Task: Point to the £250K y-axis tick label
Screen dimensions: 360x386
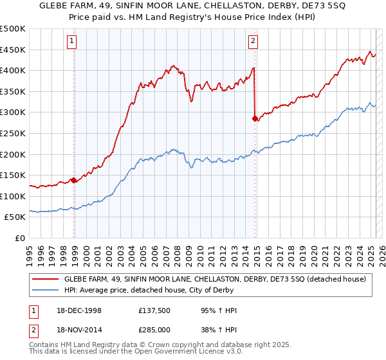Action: point(13,133)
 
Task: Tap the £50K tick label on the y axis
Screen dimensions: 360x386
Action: point(15,217)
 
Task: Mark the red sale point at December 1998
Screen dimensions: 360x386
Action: point(74,181)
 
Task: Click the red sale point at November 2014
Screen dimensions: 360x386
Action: point(255,119)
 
